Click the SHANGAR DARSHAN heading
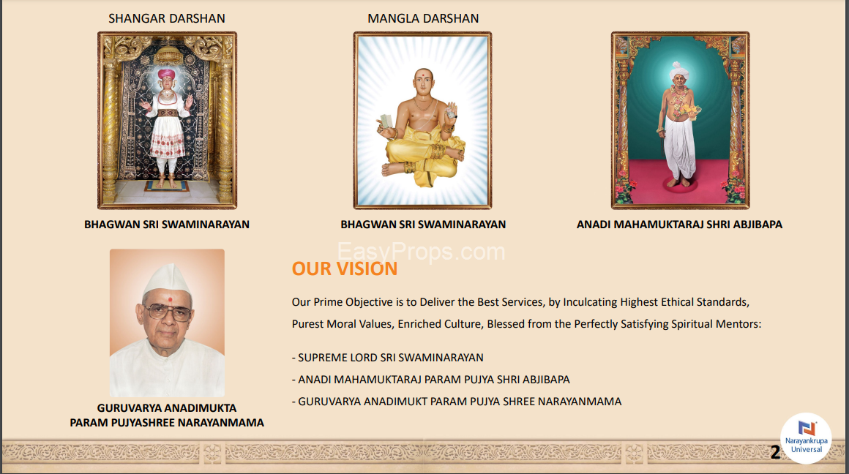pyautogui.click(x=167, y=18)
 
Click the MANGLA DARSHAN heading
pyautogui.click(x=423, y=18)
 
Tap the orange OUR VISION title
pyautogui.click(x=345, y=268)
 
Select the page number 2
pyautogui.click(x=775, y=452)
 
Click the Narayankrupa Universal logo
pyautogui.click(x=807, y=438)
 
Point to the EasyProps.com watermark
pyautogui.click(x=422, y=252)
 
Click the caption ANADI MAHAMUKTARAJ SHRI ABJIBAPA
pyautogui.click(x=679, y=224)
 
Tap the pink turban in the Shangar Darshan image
pyautogui.click(x=166, y=74)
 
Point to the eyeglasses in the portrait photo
pyautogui.click(x=168, y=312)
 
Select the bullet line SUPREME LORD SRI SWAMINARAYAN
pyautogui.click(x=388, y=358)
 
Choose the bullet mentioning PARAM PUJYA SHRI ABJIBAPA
pyautogui.click(x=431, y=380)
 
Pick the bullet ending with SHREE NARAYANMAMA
pyautogui.click(x=457, y=402)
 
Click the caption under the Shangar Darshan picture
pyautogui.click(x=167, y=224)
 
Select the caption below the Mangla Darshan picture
pyautogui.click(x=423, y=224)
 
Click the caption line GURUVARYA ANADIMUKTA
pyautogui.click(x=167, y=408)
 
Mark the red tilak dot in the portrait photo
pyautogui.click(x=170, y=299)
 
